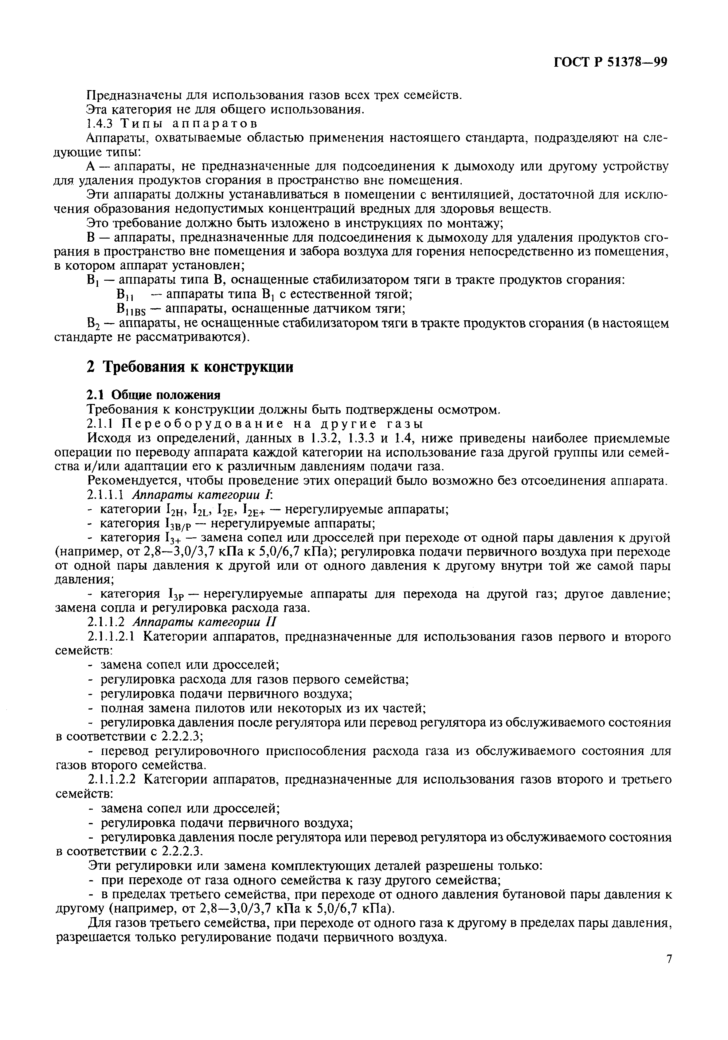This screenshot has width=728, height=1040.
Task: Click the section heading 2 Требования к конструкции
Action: [190, 366]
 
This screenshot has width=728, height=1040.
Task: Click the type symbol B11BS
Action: [130, 310]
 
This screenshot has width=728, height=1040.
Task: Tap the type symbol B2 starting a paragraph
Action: [92, 324]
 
